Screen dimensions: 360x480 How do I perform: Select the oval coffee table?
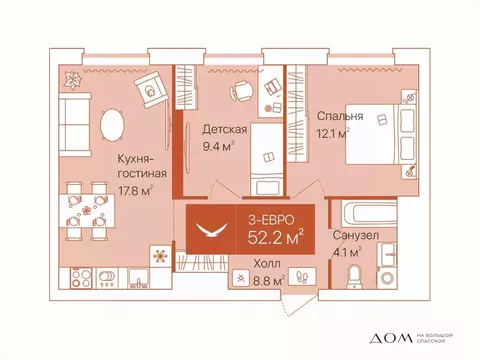(113, 125)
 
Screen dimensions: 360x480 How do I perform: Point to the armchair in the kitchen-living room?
(151, 93)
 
